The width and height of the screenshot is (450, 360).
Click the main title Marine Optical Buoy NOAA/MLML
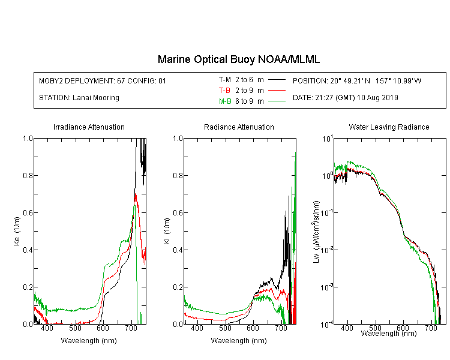click(238, 59)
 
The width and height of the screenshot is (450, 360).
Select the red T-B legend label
click(224, 91)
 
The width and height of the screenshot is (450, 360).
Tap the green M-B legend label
click(225, 101)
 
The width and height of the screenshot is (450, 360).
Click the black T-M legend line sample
click(277, 80)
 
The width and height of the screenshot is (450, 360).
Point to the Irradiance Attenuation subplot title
click(89, 127)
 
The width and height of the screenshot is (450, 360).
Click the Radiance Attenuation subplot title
click(239, 127)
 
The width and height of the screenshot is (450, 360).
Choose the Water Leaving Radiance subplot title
click(389, 127)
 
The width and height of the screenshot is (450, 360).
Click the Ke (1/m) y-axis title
click(17, 231)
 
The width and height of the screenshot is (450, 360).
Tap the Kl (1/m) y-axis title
click(167, 231)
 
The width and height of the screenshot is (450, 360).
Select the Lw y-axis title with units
click(316, 232)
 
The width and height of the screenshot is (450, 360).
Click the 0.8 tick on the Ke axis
click(28, 175)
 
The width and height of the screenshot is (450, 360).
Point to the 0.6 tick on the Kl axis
click(178, 213)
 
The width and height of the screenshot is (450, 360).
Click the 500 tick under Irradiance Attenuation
click(76, 328)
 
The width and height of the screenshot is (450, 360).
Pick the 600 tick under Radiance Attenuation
click(253, 328)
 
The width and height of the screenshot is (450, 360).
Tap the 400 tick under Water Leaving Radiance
click(347, 328)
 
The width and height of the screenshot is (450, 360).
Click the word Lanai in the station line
click(80, 98)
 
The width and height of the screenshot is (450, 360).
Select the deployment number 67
click(121, 81)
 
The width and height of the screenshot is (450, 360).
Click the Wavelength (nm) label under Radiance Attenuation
click(239, 341)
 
